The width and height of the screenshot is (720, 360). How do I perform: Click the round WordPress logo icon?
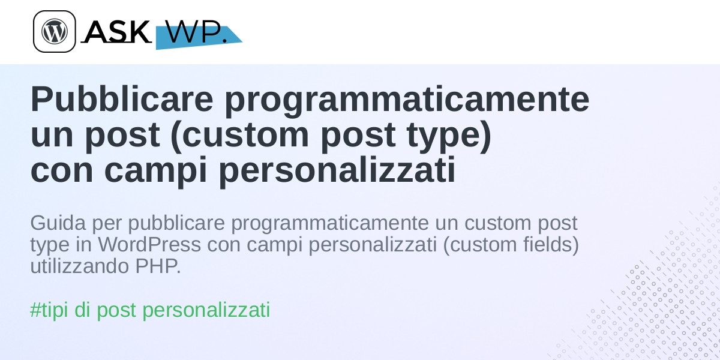[55, 31]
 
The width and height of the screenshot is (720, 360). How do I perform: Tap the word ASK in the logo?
[117, 31]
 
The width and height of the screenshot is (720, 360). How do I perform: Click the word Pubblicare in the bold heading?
[122, 99]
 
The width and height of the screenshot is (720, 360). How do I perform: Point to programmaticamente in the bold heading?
[407, 101]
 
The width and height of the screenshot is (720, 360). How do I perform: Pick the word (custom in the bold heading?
[240, 135]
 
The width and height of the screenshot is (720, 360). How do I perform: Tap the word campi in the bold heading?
[155, 171]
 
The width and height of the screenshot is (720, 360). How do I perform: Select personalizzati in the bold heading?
[337, 171]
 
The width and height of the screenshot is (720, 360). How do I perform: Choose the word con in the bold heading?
[62, 170]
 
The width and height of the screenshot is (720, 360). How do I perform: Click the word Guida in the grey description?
[58, 223]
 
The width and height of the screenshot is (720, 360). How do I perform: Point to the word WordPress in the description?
[149, 245]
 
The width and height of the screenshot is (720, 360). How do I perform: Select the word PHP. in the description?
[158, 266]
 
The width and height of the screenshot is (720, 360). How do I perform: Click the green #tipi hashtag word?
[49, 310]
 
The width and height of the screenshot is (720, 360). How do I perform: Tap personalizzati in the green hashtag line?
[206, 310]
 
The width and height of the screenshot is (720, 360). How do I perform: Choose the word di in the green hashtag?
[82, 310]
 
